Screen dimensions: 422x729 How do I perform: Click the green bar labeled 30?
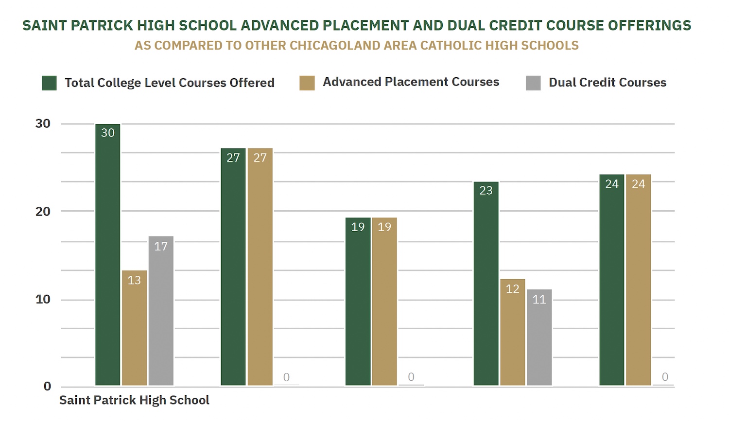[107, 255]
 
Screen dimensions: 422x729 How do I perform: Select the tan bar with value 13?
[134, 328]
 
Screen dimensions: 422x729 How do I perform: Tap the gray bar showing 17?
[161, 311]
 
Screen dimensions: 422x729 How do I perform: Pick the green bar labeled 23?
[486, 284]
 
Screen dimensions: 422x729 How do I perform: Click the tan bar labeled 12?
[513, 332]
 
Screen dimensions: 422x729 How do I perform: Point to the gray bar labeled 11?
[539, 338]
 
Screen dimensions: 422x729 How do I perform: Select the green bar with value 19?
[358, 302]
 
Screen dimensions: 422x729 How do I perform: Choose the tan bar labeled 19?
[384, 302]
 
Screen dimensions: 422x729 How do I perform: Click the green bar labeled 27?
[233, 267]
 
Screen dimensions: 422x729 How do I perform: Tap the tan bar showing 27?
[260, 267]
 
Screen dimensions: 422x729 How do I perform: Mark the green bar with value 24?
[611, 280]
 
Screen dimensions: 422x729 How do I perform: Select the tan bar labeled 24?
[638, 280]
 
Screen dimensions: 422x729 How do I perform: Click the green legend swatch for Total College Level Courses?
[49, 83]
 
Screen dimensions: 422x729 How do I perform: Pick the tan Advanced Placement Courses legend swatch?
[307, 83]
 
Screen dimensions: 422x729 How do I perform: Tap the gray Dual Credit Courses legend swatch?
[533, 83]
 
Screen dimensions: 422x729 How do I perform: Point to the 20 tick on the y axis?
[43, 212]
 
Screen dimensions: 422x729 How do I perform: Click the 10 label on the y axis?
[43, 300]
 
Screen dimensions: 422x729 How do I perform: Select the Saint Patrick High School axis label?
[134, 400]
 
